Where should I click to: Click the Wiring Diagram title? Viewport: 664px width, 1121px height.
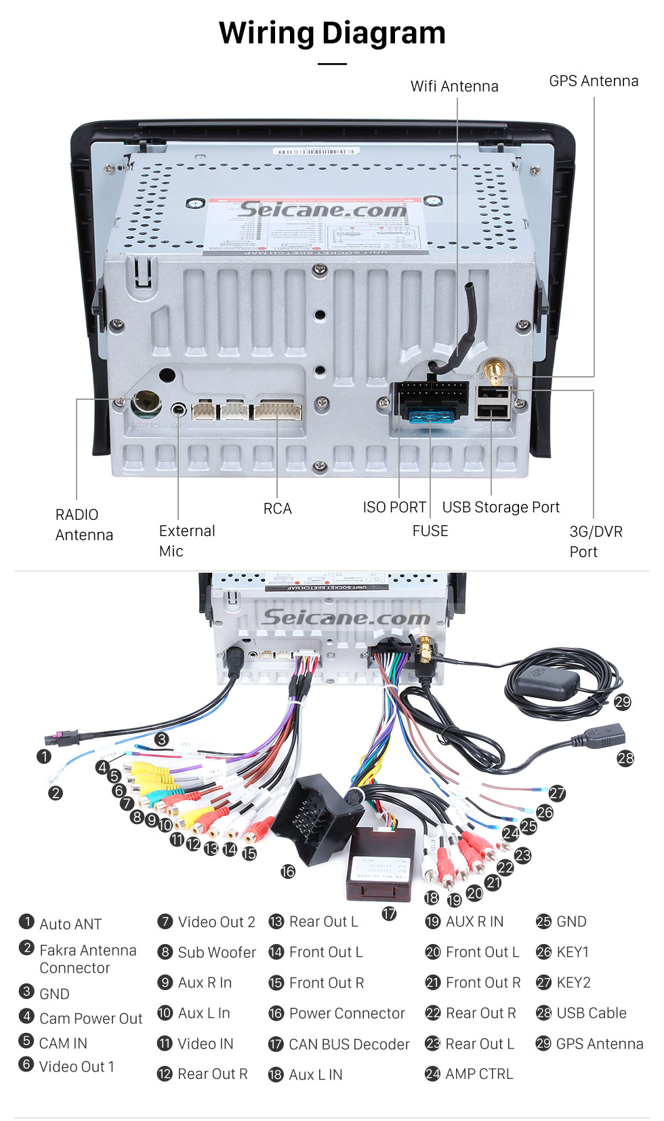(332, 33)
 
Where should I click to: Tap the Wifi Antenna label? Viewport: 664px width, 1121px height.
(454, 86)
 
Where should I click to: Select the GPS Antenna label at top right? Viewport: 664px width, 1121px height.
(594, 81)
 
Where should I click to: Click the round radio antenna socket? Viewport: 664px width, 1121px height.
(146, 404)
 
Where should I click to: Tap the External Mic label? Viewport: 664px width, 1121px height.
(186, 541)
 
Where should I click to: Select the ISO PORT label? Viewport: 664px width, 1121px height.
(394, 507)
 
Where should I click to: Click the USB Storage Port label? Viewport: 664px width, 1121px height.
(501, 507)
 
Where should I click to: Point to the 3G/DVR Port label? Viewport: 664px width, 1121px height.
(596, 542)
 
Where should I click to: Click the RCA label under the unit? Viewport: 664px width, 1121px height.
(277, 508)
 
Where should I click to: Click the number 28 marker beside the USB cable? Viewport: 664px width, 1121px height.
(625, 758)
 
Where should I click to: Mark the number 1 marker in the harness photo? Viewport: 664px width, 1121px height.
(44, 756)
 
